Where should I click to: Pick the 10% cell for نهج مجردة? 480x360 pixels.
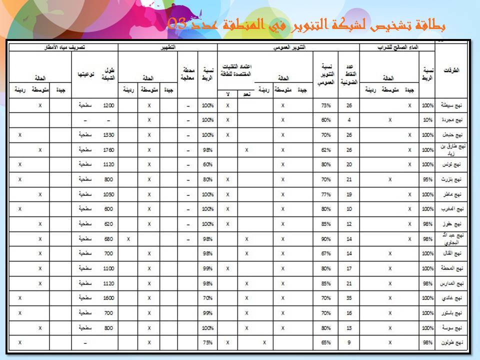coord(427,120)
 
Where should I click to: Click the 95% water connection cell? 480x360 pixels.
coord(427,179)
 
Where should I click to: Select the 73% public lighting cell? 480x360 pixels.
coord(326,105)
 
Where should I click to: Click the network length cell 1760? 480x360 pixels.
coord(109,149)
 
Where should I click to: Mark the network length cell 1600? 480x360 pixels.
coord(109,298)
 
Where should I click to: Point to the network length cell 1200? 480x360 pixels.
coord(109,105)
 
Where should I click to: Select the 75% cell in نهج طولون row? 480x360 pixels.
coord(208,342)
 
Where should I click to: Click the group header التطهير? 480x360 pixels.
coord(167,47)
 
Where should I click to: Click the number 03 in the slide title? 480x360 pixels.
coord(177,23)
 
